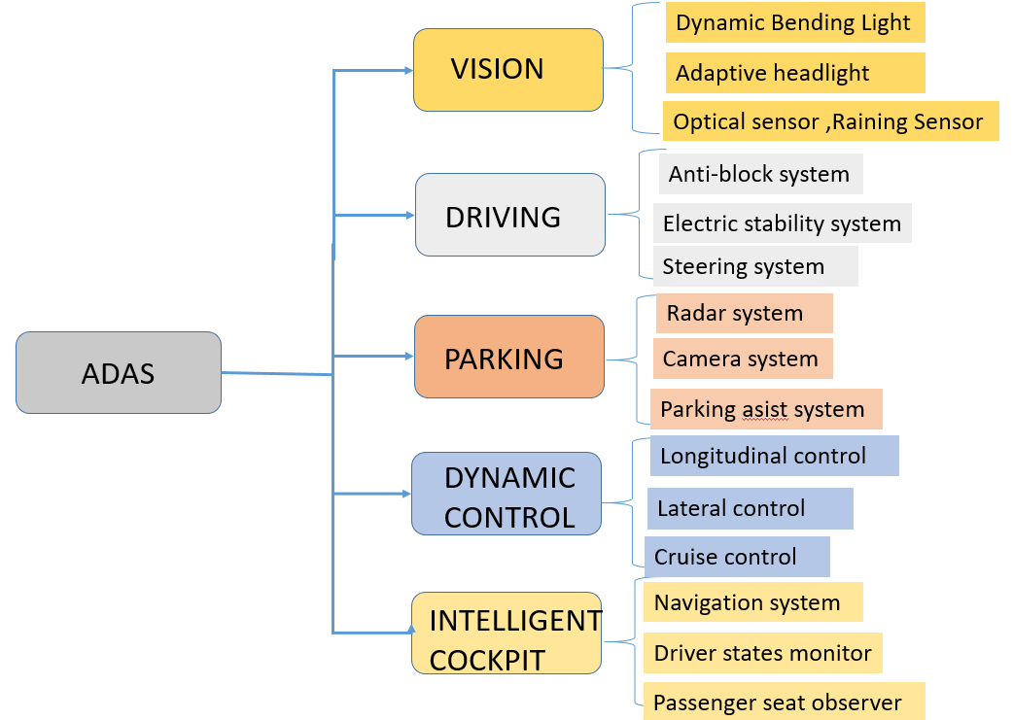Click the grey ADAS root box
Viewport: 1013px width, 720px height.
pos(119,373)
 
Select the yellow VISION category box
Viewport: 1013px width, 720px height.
pos(507,69)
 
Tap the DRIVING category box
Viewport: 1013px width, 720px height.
pos(509,215)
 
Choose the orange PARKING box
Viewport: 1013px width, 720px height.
pos(508,357)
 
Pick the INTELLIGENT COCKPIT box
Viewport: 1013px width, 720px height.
pos(506,633)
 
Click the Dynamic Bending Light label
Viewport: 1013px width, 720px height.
pos(793,22)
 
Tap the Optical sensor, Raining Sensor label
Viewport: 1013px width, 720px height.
pos(828,121)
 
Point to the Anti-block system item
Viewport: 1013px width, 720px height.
pos(759,174)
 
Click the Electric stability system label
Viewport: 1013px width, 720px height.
pos(782,223)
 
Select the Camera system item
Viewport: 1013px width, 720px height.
pos(741,359)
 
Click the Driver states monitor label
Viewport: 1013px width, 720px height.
pos(762,653)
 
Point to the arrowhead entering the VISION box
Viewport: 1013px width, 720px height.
pos(407,70)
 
